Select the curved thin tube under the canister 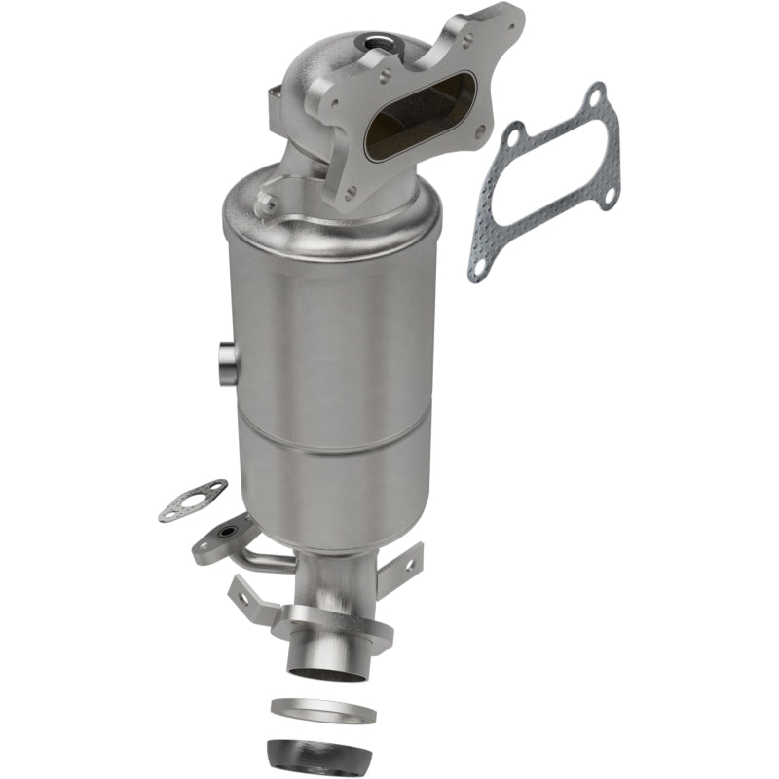(x=265, y=562)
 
